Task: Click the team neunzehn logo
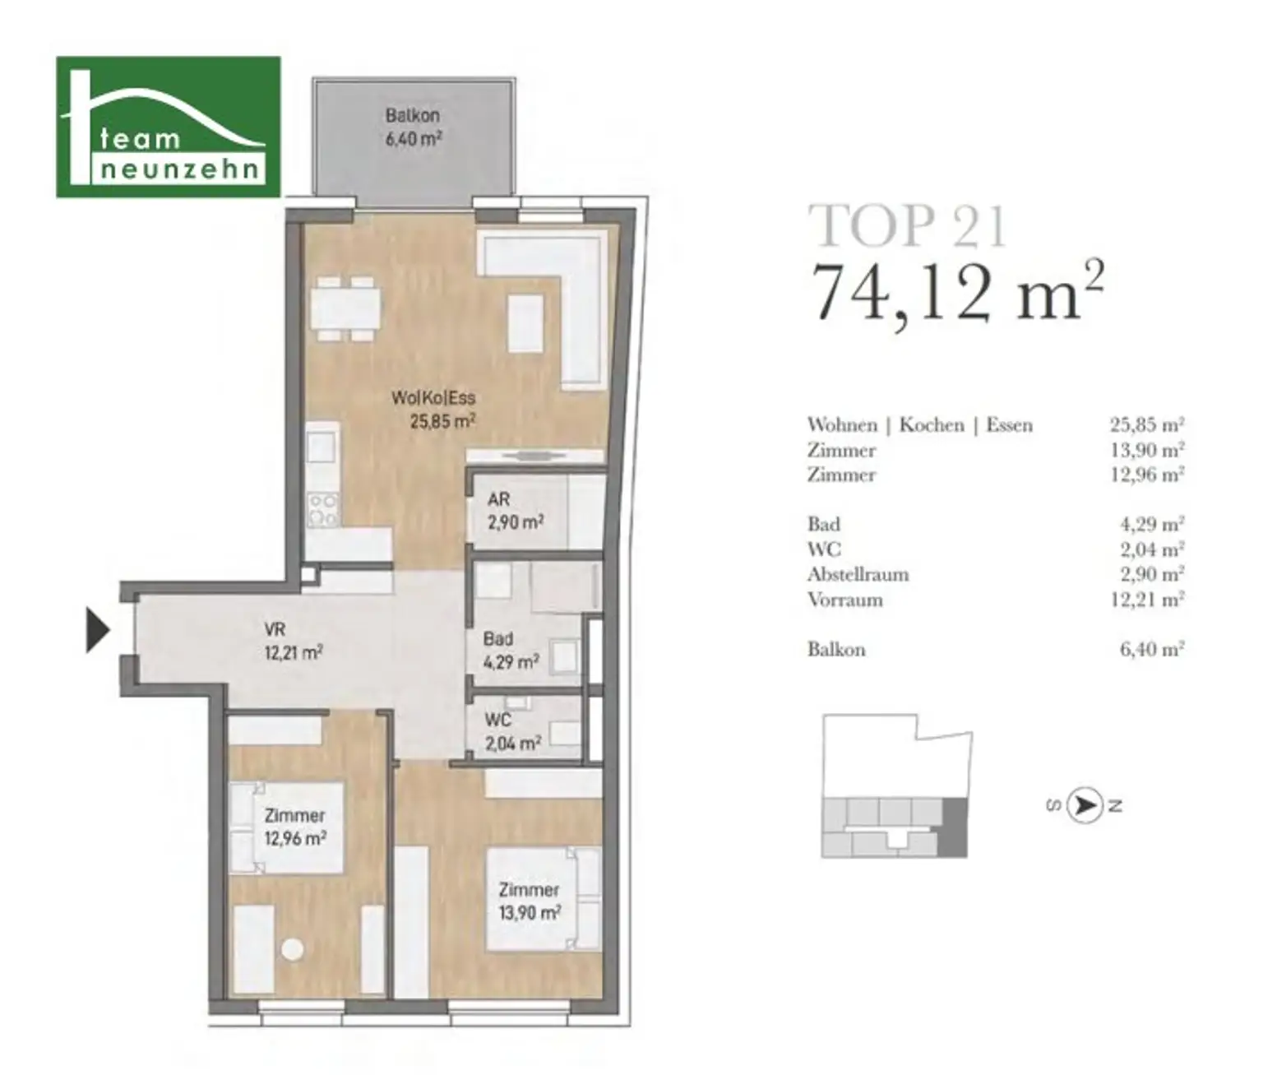[x=169, y=127]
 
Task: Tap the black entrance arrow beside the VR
[x=98, y=630]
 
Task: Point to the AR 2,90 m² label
[x=516, y=511]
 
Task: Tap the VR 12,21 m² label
[x=294, y=641]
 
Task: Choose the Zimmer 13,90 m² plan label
[x=530, y=901]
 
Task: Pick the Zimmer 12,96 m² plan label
[x=294, y=827]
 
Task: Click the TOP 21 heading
[x=908, y=226]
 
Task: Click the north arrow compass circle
[x=1085, y=806]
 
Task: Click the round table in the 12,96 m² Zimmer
[x=292, y=949]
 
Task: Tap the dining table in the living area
[x=345, y=308]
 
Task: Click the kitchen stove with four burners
[x=323, y=510]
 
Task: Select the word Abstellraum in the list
[x=858, y=574]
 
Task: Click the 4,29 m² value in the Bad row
[x=1152, y=524]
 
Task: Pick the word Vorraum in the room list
[x=845, y=600]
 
